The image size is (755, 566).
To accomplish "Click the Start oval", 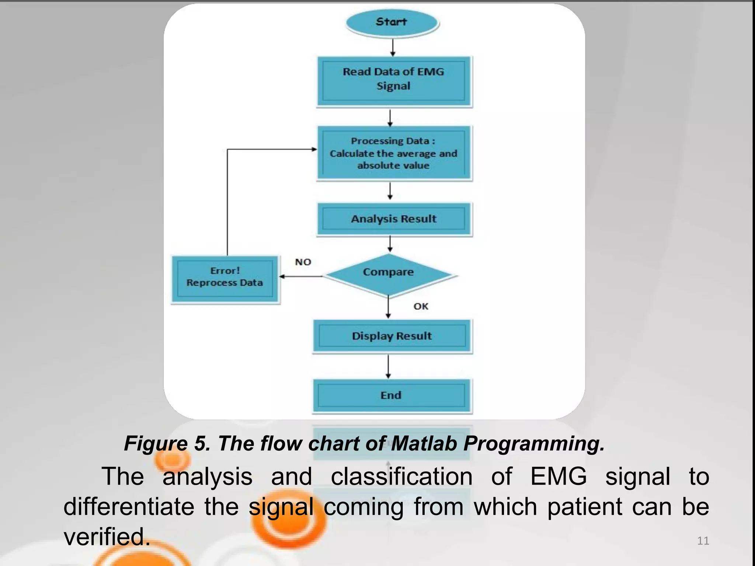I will [392, 22].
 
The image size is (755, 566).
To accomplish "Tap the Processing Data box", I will [394, 153].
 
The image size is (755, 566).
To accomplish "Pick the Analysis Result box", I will [394, 219].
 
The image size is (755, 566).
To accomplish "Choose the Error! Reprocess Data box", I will [225, 279].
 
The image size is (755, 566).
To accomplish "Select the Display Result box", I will [392, 336].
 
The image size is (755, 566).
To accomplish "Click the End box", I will [392, 395].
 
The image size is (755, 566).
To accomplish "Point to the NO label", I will [303, 262].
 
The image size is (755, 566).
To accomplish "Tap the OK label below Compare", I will [421, 306].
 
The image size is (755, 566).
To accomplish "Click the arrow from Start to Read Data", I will [393, 47].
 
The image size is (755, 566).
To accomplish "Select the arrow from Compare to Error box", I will [300, 276].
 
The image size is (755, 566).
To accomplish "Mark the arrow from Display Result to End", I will [388, 366].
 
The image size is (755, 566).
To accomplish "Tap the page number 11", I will [703, 541].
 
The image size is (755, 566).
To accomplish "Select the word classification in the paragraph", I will [401, 476].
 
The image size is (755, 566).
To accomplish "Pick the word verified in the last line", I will [107, 537].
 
